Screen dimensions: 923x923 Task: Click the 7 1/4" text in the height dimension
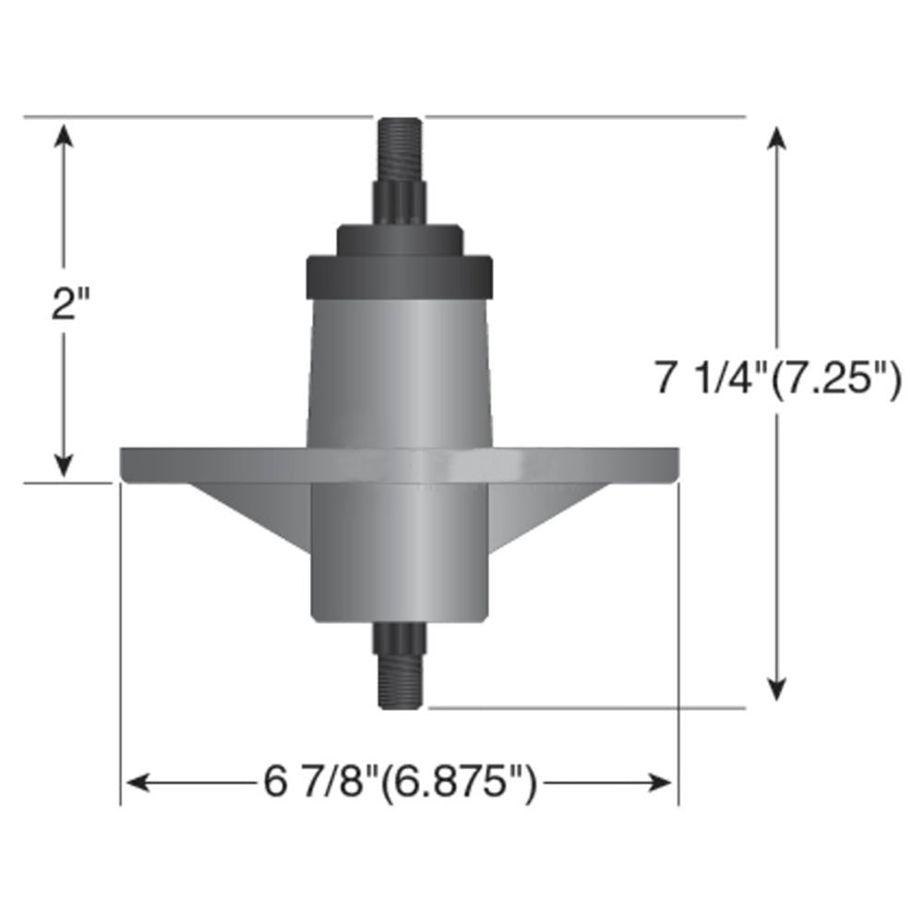(709, 379)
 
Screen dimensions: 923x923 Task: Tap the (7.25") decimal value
(835, 379)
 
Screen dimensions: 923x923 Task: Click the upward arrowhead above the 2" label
(63, 137)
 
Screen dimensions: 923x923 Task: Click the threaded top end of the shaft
(399, 148)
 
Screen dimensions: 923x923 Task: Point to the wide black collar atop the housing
(399, 275)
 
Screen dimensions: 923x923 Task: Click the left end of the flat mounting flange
(148, 464)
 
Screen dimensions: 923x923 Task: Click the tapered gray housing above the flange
(399, 369)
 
